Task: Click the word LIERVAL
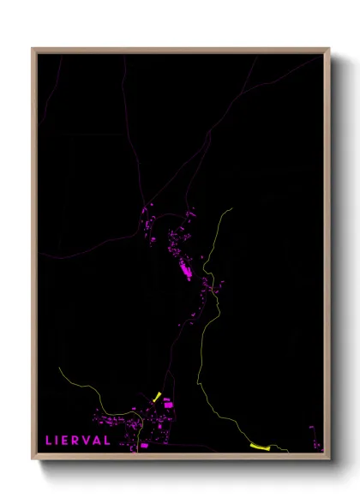[78, 441]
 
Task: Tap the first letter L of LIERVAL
[49, 441]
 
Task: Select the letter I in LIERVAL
[58, 441]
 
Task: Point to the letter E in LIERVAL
[67, 441]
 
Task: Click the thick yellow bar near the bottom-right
[260, 447]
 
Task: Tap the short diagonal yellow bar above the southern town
[157, 397]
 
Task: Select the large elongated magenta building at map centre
[183, 273]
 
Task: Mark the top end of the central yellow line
[231, 209]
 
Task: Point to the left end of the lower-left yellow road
[59, 369]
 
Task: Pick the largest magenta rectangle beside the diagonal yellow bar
[168, 403]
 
